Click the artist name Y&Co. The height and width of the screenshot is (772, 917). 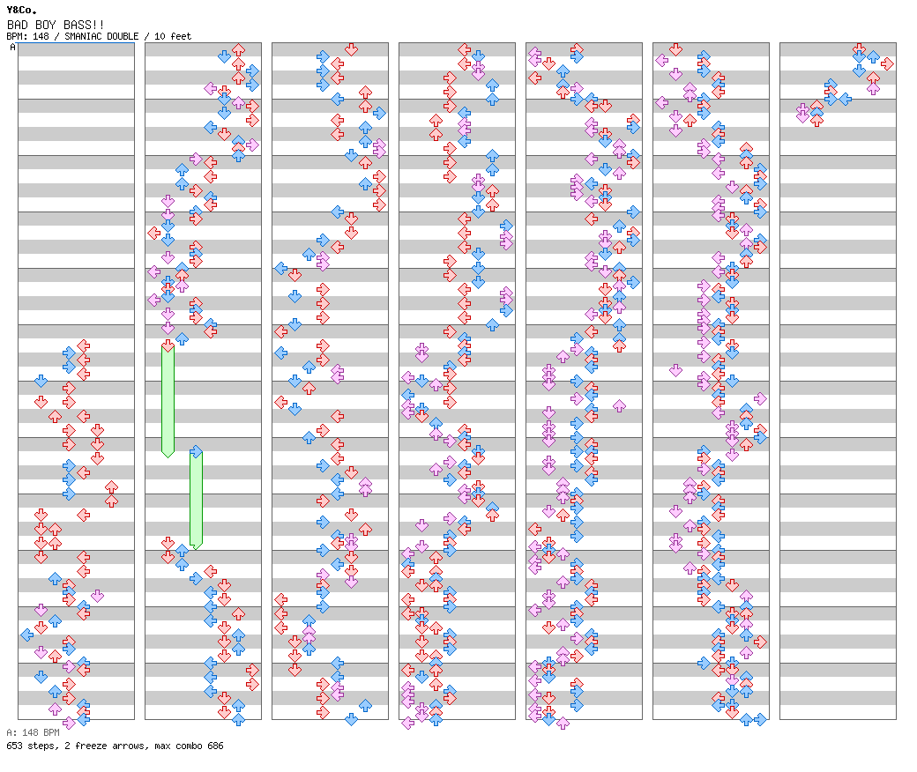(22, 10)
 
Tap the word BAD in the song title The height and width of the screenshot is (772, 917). (17, 25)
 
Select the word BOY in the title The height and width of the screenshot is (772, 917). (46, 25)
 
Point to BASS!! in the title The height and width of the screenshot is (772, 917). (84, 25)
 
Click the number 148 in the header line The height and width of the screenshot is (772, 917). (41, 36)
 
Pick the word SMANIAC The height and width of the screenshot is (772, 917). (83, 36)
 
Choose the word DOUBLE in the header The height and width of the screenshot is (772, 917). (123, 36)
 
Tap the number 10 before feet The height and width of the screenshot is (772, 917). (159, 36)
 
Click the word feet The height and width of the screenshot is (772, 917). (181, 36)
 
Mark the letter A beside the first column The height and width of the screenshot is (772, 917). (13, 47)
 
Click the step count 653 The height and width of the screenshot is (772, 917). (15, 746)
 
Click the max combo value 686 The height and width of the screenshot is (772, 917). (215, 746)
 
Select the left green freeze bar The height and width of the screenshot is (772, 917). (168, 402)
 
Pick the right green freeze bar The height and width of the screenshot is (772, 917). (197, 501)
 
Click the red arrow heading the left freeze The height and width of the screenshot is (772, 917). (168, 346)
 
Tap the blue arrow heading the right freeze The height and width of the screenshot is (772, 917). (197, 452)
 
